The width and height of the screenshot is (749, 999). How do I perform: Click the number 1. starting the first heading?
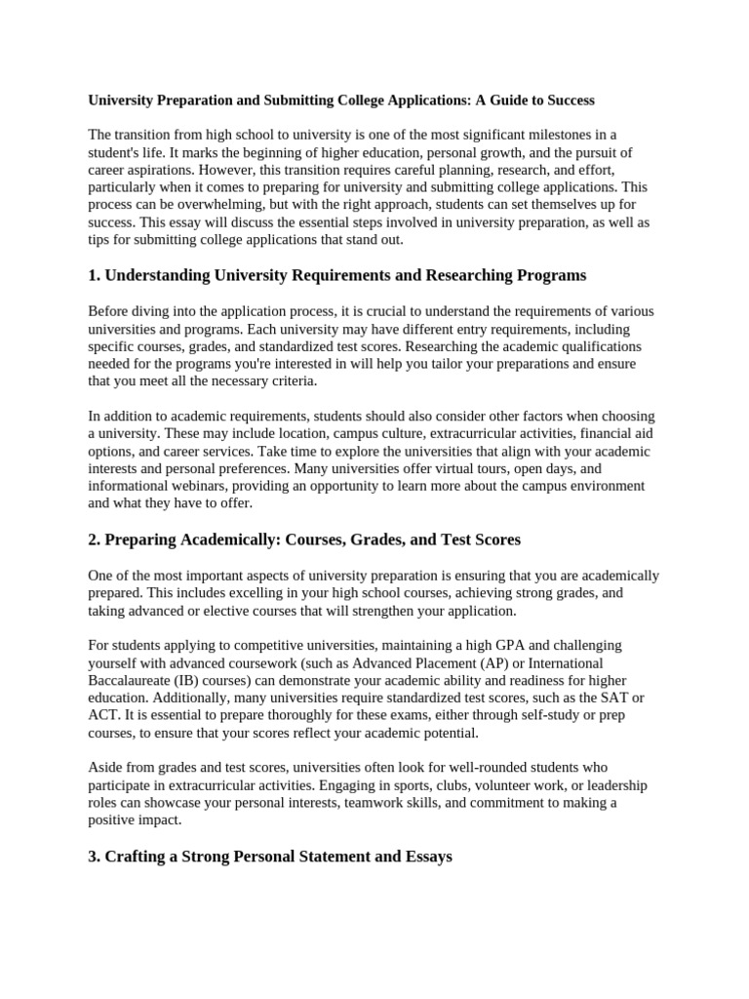[94, 275]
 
